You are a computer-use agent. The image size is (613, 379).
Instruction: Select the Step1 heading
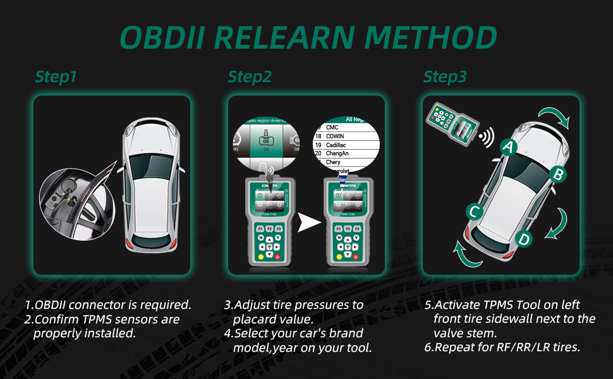click(x=56, y=77)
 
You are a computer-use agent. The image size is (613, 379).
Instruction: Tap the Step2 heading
click(x=250, y=77)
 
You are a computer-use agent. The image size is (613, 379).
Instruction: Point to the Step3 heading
click(x=445, y=77)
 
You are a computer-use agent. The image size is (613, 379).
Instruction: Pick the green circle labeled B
click(x=557, y=174)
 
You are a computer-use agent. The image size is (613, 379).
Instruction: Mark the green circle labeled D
click(x=523, y=239)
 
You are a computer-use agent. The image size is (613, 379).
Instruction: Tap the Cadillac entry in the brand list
click(x=337, y=145)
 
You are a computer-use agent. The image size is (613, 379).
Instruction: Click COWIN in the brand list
click(x=336, y=136)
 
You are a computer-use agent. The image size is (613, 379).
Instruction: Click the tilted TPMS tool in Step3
click(x=451, y=126)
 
